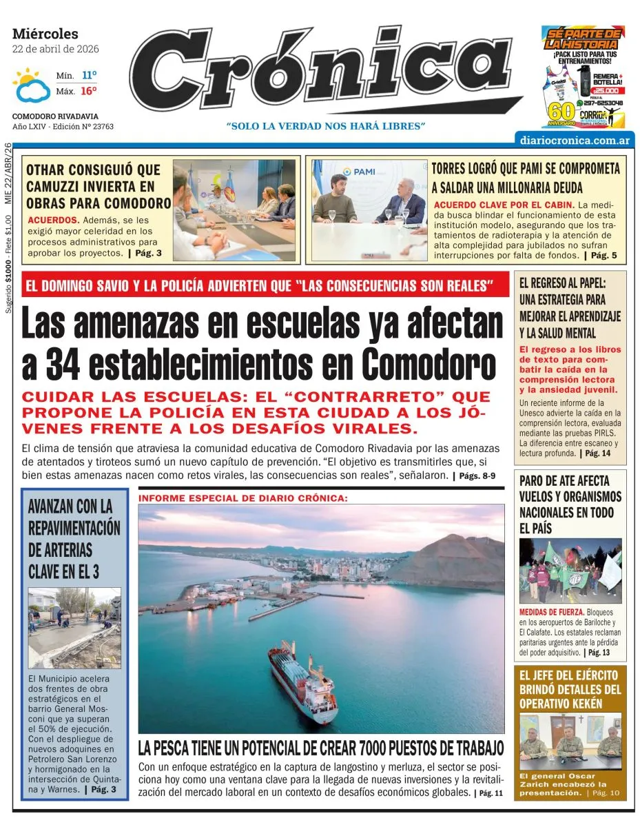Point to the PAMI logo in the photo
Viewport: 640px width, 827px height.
[x=359, y=172]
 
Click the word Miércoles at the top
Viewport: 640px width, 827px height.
[x=45, y=34]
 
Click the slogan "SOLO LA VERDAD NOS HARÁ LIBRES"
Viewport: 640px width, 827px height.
[x=326, y=126]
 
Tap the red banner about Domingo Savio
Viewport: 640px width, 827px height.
[x=265, y=285]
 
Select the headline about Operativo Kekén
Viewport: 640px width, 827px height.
[x=570, y=688]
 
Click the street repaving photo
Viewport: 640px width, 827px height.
[x=74, y=628]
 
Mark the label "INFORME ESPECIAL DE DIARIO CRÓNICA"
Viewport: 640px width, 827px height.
[x=243, y=497]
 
